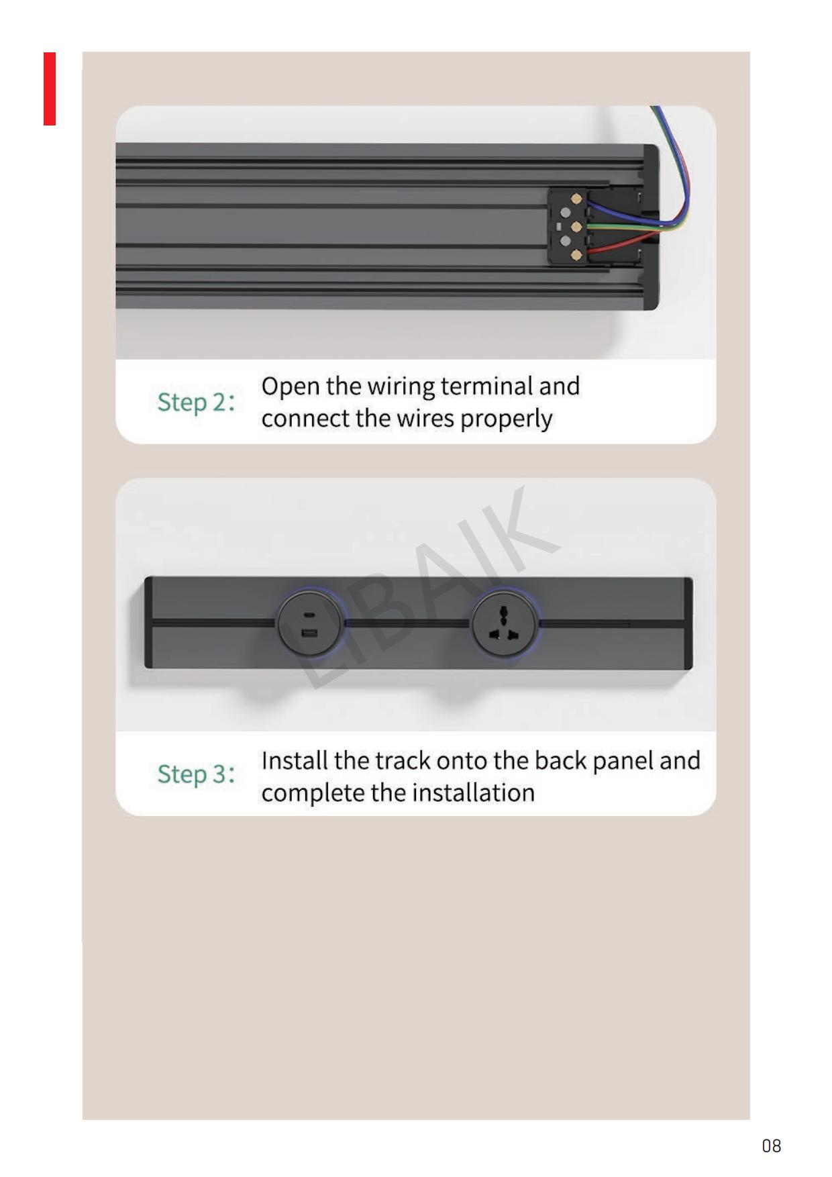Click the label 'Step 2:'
(196, 402)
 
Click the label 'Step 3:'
(196, 774)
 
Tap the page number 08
(772, 1145)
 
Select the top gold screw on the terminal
(576, 199)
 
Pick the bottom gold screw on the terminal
(576, 255)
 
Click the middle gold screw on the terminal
(576, 227)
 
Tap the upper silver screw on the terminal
(565, 213)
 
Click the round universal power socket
(504, 625)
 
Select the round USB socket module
(309, 625)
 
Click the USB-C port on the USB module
(309, 614)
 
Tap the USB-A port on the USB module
(309, 634)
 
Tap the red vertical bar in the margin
(50, 89)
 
